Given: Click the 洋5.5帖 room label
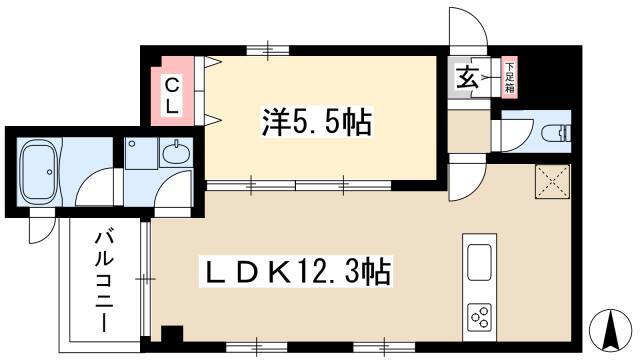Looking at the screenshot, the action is click(317, 122).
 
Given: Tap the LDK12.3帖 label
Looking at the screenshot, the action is click(296, 271).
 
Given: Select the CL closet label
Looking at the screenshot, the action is click(172, 97).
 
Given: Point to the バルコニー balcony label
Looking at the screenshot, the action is click(102, 282).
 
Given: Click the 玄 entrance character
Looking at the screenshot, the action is click(467, 78).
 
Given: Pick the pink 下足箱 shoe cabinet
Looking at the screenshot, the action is click(509, 77).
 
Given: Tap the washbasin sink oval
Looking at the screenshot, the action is click(176, 153).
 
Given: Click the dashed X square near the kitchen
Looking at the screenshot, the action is click(552, 182).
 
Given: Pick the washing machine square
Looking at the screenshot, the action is click(141, 153).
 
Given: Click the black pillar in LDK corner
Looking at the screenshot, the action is click(171, 333).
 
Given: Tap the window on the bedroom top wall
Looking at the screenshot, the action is click(268, 51).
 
